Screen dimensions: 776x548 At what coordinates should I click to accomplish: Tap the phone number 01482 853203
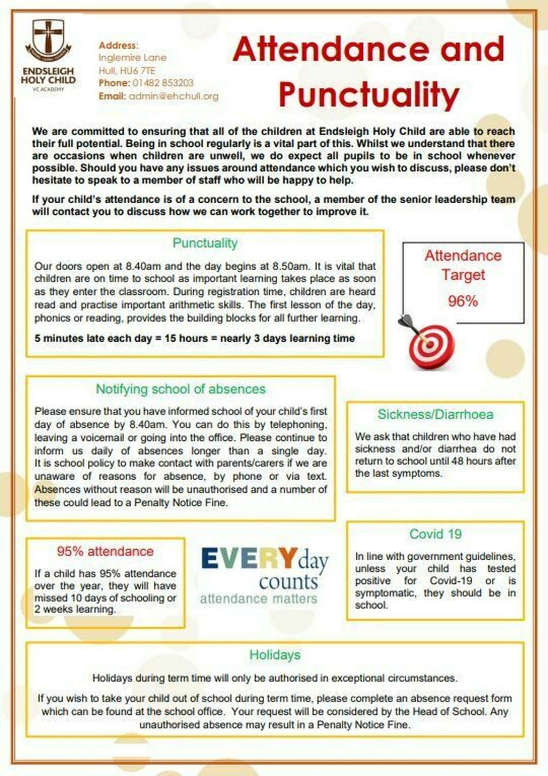click(x=163, y=83)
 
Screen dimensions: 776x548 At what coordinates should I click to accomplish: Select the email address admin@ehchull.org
click(x=173, y=96)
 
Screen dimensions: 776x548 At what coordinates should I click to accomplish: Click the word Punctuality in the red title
click(x=369, y=95)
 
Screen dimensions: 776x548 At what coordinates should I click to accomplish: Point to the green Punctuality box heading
click(x=205, y=243)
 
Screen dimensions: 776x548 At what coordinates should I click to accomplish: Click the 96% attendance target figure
click(x=463, y=301)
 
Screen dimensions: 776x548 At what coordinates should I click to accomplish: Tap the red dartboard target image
click(x=429, y=345)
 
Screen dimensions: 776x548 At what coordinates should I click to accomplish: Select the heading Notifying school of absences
click(x=181, y=389)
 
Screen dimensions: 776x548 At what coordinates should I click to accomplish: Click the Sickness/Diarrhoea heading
click(x=435, y=414)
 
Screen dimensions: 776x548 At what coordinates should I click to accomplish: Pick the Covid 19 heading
click(x=435, y=534)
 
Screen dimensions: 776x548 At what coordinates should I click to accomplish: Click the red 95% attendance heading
click(x=105, y=551)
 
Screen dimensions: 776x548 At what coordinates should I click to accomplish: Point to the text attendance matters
click(x=258, y=599)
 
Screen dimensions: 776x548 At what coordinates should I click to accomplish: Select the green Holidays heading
click(x=275, y=655)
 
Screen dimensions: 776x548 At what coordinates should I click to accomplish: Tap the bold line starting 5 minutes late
click(x=194, y=339)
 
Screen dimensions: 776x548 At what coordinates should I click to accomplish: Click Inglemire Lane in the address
click(x=132, y=58)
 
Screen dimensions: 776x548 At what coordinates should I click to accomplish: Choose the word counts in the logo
click(x=288, y=582)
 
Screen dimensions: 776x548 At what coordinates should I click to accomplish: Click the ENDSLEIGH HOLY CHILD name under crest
click(x=48, y=76)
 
